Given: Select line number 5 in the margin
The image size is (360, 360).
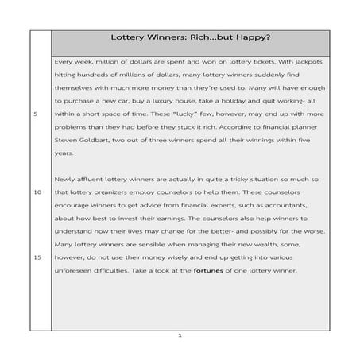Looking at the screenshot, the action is click(x=36, y=114).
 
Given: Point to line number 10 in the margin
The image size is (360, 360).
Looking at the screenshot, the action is click(x=37, y=192).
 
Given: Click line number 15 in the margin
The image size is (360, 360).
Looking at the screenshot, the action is click(x=37, y=257).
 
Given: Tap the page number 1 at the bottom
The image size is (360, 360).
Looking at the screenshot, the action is click(x=180, y=335).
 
